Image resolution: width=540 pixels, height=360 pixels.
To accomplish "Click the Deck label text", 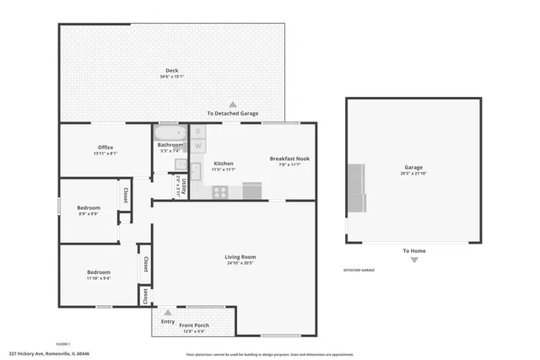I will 172,70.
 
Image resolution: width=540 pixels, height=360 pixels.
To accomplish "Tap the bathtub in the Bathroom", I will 169,133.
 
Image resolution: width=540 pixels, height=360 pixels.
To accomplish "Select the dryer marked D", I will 198,132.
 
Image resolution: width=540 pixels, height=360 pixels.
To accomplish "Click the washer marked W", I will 198,146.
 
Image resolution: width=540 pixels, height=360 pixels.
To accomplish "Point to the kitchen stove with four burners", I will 219,191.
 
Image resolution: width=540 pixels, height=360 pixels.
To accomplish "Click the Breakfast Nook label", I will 289,159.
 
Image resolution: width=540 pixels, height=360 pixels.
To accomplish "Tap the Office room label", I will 105,148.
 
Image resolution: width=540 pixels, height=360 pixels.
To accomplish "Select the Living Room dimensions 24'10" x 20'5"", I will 240,263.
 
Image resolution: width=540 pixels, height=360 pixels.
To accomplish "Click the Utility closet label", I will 180,186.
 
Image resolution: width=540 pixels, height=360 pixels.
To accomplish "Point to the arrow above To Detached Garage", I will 234,105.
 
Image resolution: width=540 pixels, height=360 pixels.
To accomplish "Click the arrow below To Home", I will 413,260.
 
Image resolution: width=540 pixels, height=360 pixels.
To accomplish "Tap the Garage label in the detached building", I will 413,167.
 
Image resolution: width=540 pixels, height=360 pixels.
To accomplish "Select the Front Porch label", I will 194,325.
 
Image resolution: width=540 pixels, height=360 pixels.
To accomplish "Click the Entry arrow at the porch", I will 167,313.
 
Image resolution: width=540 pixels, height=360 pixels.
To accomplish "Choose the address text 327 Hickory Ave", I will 49,354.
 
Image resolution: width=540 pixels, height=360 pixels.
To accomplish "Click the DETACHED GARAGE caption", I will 359,270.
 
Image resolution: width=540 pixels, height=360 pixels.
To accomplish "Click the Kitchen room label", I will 224,163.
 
